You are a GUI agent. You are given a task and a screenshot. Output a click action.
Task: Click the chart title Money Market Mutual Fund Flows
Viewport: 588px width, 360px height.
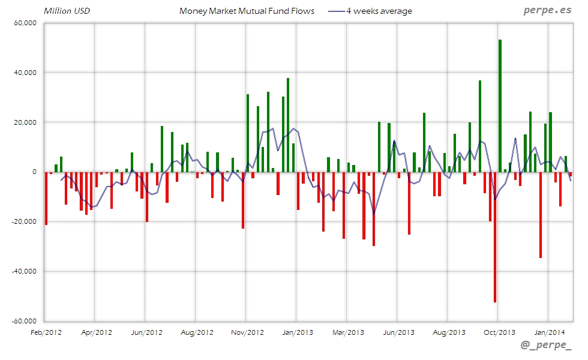247,11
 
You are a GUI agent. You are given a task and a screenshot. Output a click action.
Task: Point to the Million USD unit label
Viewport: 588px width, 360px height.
67,11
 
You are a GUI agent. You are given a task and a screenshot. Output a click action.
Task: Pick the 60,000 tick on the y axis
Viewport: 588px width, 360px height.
25,23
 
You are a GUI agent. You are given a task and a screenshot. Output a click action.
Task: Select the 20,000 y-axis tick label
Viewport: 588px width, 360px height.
25,122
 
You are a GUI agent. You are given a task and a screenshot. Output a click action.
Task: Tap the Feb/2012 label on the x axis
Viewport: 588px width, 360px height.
46,332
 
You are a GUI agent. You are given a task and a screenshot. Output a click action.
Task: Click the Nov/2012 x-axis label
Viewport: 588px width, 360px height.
247,332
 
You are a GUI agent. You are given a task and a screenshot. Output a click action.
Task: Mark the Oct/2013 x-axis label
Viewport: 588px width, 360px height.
499,332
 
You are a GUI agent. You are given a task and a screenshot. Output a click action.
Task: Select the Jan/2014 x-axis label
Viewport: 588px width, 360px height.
549,332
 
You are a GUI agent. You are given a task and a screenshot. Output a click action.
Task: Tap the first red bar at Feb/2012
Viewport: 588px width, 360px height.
46,198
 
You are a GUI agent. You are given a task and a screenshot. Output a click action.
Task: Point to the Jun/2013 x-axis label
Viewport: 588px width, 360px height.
398,332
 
